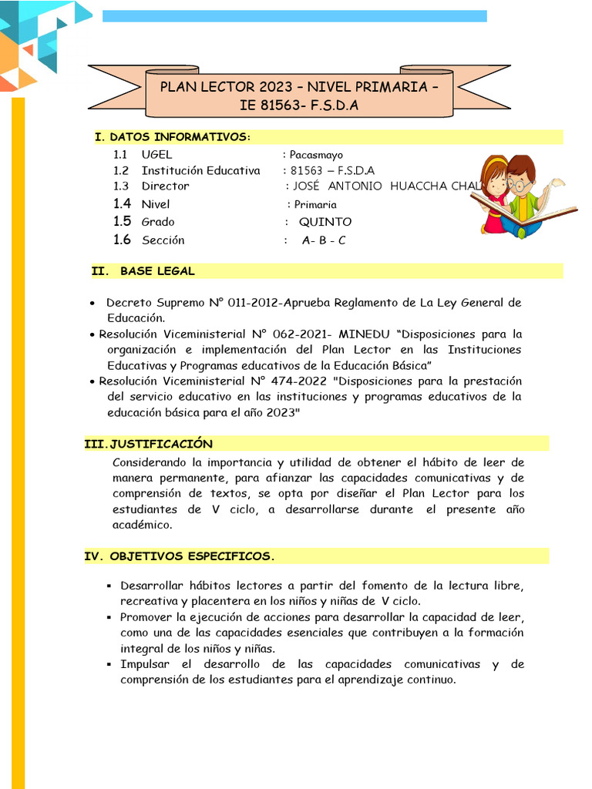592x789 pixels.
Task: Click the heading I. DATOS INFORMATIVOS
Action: point(172,137)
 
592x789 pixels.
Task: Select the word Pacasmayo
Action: point(316,155)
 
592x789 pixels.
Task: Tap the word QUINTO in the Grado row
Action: point(325,222)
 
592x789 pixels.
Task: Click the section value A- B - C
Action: point(324,240)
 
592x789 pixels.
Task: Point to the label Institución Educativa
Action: point(200,170)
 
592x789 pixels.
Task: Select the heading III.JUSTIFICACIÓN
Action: point(148,444)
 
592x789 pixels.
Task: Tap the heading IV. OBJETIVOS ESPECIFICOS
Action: point(179,556)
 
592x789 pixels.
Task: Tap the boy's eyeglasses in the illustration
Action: point(521,185)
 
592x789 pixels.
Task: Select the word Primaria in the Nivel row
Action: point(315,205)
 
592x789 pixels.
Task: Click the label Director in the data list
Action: point(165,186)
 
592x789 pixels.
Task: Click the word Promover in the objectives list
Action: point(147,617)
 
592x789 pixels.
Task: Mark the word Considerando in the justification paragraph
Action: point(150,462)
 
